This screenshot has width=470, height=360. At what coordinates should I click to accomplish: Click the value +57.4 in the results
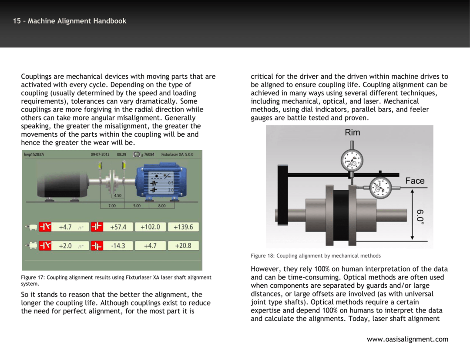[x=118, y=227]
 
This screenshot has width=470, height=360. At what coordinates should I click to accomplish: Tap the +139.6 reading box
[x=183, y=227]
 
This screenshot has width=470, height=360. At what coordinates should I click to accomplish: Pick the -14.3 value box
[x=118, y=246]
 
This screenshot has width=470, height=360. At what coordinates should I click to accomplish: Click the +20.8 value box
[x=183, y=246]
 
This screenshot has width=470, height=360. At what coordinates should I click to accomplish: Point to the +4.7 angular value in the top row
[x=65, y=227]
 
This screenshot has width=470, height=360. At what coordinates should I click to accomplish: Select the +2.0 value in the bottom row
[x=65, y=246]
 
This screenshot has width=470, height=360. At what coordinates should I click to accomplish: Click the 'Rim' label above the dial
[x=352, y=133]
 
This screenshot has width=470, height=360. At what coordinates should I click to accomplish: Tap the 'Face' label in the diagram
[x=414, y=181]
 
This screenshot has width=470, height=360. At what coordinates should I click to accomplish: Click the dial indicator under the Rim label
[x=352, y=161]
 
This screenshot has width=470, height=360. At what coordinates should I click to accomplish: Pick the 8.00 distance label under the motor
[x=161, y=205]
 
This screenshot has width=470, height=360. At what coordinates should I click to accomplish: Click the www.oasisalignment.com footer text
[x=407, y=339]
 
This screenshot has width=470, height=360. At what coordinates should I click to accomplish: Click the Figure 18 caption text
[x=316, y=256]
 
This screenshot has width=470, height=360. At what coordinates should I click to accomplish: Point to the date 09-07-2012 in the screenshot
[x=101, y=155]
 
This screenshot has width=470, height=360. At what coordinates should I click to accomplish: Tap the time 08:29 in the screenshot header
[x=121, y=155]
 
